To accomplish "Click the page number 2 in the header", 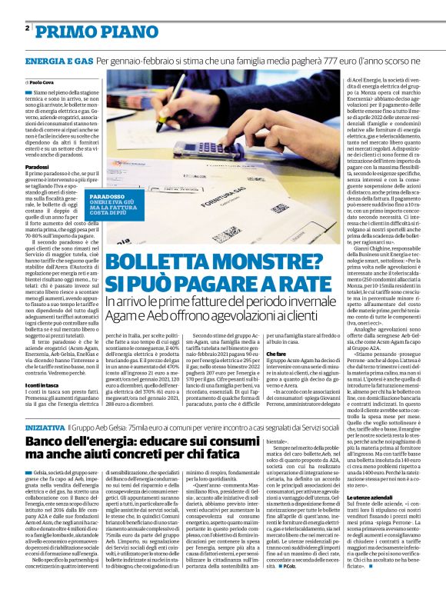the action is (x=28, y=28).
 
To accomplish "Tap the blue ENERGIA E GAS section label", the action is (x=59, y=60).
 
